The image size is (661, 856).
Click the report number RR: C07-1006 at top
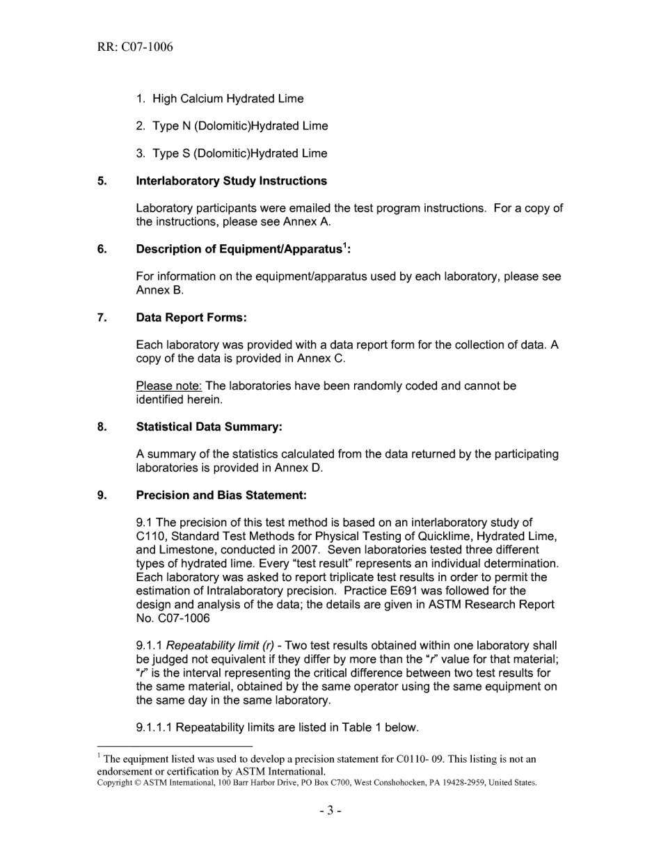[x=135, y=47]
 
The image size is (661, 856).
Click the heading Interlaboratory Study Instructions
[x=231, y=181]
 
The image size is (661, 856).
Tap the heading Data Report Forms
[x=191, y=317]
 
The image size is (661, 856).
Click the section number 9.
[x=102, y=495]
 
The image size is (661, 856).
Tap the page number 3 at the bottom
[x=330, y=811]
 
